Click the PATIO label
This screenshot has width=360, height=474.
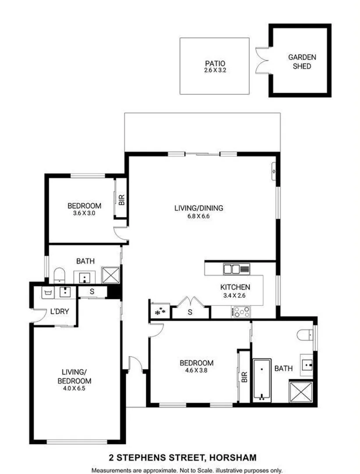tap(214, 63)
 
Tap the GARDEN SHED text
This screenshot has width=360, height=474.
tap(302, 61)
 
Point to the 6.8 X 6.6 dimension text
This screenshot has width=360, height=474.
tap(199, 216)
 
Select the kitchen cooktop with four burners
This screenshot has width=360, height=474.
tap(241, 312)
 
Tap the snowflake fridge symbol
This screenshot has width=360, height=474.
tap(160, 311)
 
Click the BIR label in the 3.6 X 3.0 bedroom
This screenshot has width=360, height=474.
tap(122, 200)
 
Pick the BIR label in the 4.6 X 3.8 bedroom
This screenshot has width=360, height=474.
tap(244, 377)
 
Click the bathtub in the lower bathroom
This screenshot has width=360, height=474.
tap(261, 380)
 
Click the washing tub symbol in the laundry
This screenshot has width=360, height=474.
tap(49, 292)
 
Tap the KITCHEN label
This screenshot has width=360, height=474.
tap(235, 287)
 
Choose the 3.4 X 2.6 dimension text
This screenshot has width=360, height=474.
tap(235, 295)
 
